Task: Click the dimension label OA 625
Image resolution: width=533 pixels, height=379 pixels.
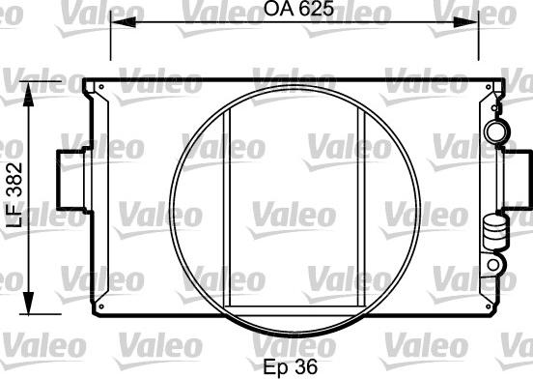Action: pyautogui.click(x=298, y=9)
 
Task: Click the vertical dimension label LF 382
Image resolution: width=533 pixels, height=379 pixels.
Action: pyautogui.click(x=14, y=195)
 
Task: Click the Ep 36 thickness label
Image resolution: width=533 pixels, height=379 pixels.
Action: pyautogui.click(x=291, y=366)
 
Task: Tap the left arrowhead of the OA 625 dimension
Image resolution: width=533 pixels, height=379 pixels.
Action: pyautogui.click(x=123, y=22)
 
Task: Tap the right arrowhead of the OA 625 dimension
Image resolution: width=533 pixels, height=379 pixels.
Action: pyautogui.click(x=466, y=22)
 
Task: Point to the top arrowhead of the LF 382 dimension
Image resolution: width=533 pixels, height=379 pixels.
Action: pyautogui.click(x=29, y=94)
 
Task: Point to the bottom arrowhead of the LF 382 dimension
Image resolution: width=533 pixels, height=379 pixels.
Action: pyautogui.click(x=29, y=302)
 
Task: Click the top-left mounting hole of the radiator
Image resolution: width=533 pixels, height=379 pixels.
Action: pyautogui.click(x=101, y=87)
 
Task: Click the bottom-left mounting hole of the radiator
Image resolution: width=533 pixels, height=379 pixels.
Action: pyautogui.click(x=101, y=306)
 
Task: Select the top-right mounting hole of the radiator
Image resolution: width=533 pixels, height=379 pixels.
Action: pyautogui.click(x=489, y=87)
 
